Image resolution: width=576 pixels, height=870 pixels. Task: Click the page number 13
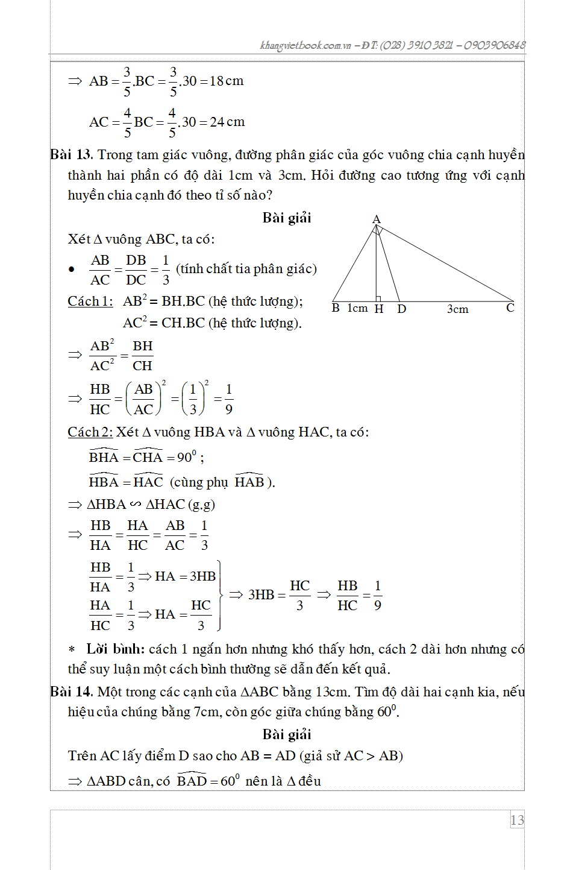coord(517,820)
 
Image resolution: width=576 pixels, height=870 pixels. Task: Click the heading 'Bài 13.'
coord(71,155)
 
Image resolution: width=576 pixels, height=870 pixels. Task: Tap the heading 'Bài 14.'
coord(71,692)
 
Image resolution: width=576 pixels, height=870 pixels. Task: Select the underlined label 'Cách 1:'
coord(90,301)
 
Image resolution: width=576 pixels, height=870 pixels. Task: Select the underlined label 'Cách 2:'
coord(90,432)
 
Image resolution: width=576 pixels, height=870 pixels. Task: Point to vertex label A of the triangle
coord(377,219)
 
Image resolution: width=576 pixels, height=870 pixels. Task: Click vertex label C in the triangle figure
coord(510,308)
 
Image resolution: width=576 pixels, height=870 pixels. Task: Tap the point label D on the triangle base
coord(402,309)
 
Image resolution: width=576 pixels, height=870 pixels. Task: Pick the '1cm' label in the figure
coord(357,309)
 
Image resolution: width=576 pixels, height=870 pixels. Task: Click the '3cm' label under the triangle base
coord(457,309)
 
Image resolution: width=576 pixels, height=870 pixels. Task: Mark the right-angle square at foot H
coord(378,298)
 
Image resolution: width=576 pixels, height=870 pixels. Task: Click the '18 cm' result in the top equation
coord(227,81)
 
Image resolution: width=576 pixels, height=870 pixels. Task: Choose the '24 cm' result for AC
coord(227,122)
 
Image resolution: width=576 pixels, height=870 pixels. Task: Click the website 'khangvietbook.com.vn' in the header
coord(305,45)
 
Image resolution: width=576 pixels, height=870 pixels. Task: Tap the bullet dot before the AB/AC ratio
coord(72,270)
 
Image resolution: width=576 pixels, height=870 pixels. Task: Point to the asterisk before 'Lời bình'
coord(72,650)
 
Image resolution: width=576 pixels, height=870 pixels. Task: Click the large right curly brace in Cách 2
coord(220,595)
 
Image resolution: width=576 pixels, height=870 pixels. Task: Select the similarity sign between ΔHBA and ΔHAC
coord(136,504)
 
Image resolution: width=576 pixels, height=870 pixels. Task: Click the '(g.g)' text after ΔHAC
coord(201,505)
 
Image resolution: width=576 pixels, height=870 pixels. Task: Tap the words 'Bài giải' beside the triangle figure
coord(287,218)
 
